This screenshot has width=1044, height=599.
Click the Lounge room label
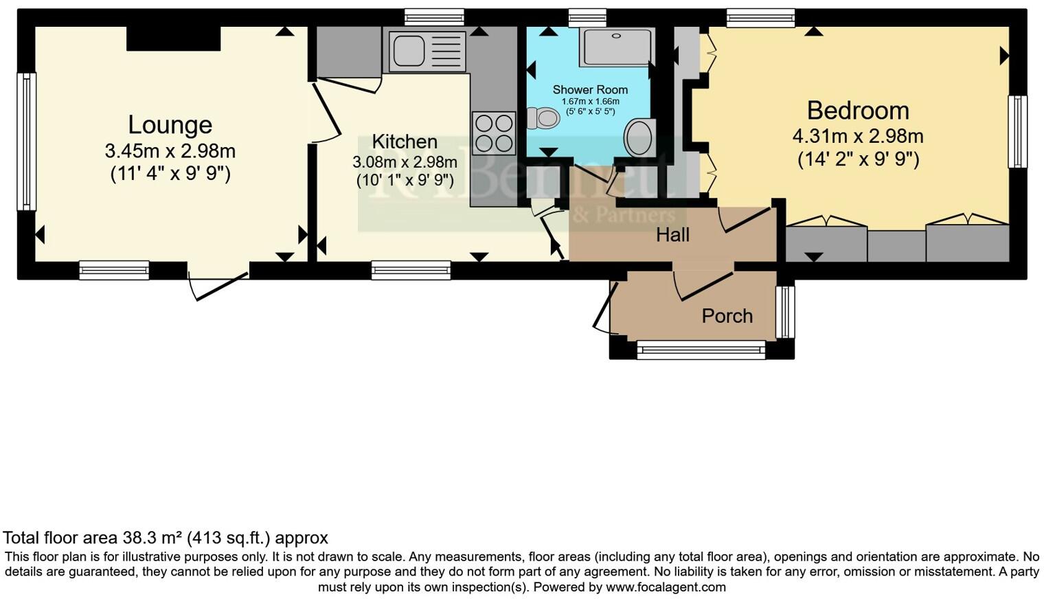[x=170, y=125]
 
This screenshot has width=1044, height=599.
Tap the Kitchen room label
[x=405, y=142]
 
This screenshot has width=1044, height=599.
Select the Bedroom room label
[x=858, y=111]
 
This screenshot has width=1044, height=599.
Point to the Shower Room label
[x=590, y=90]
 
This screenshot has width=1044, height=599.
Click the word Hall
[x=672, y=235]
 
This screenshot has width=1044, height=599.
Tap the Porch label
[x=727, y=316]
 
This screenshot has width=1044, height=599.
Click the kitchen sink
[x=407, y=51]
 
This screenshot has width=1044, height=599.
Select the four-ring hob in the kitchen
[x=494, y=133]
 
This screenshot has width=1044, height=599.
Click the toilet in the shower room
[x=543, y=118]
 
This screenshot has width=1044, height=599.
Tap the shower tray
[x=615, y=47]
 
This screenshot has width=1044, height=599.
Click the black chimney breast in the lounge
[x=174, y=38]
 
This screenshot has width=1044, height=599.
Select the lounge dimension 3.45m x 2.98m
[x=170, y=150]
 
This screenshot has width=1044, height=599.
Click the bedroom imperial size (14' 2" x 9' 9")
[x=858, y=159]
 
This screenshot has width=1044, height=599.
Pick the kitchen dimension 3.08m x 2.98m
[x=405, y=162]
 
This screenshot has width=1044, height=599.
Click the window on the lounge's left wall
[x=26, y=142]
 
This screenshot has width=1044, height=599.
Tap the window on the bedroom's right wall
[x=1017, y=132]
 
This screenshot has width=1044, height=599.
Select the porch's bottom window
[x=701, y=350]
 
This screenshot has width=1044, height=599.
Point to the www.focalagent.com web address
[x=666, y=587]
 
